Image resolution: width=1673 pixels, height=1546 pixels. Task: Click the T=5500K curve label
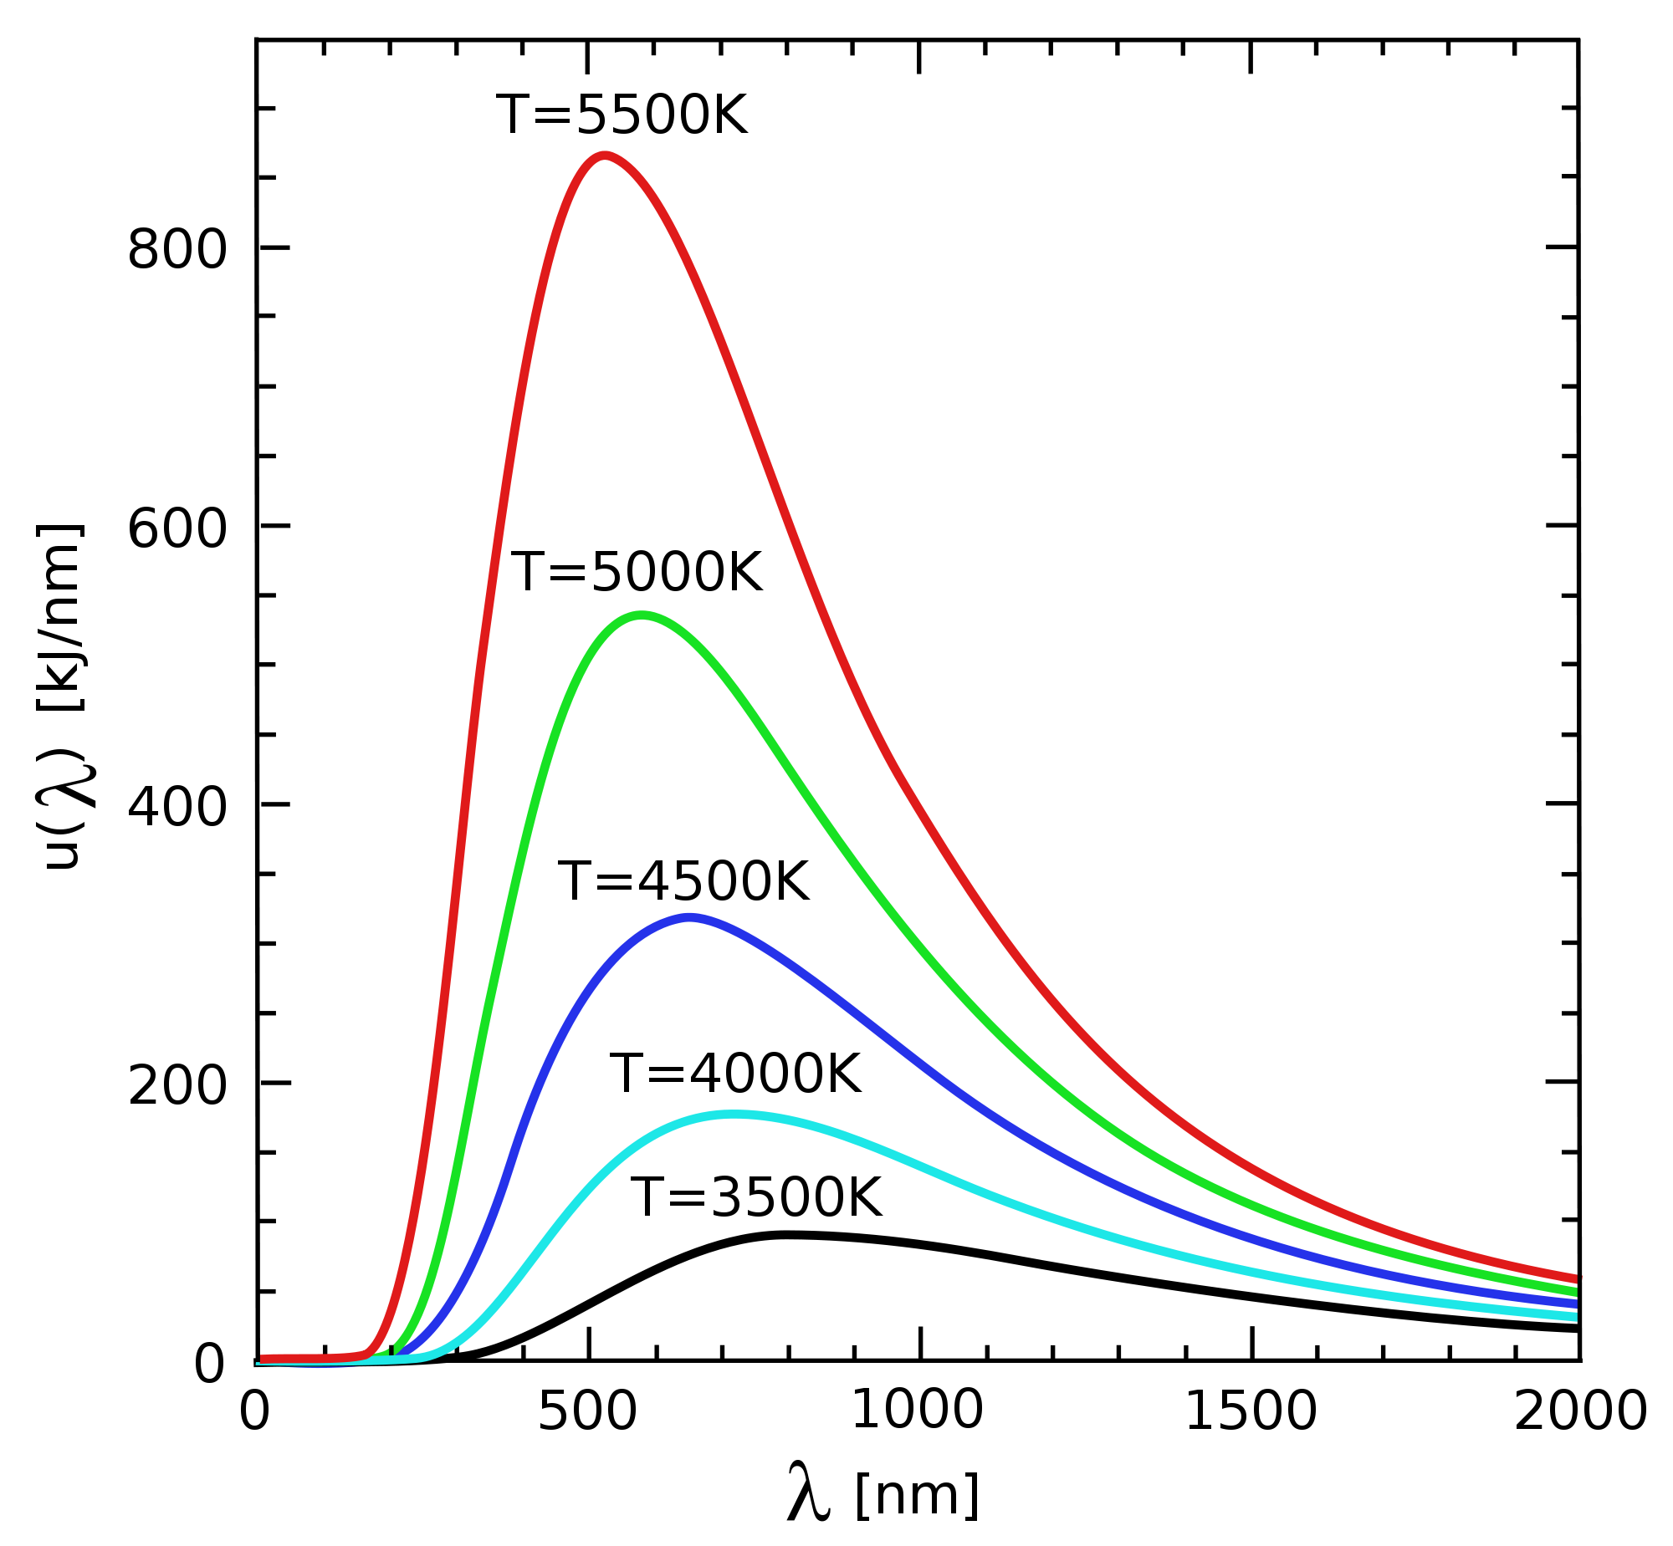point(622,115)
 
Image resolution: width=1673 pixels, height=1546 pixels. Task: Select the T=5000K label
point(637,573)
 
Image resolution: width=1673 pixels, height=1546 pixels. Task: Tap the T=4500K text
point(683,882)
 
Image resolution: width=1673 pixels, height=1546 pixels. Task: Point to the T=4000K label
point(734,1074)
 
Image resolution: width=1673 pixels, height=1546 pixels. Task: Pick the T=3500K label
point(755,1198)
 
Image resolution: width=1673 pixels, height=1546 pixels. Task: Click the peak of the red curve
point(604,155)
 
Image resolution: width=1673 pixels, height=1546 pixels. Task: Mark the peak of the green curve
point(642,615)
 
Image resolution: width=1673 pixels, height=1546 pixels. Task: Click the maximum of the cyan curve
point(733,1115)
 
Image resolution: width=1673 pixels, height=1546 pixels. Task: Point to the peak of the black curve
point(785,1235)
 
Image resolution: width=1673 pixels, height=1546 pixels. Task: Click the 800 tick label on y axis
point(177,249)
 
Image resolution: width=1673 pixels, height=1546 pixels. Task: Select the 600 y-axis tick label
point(177,528)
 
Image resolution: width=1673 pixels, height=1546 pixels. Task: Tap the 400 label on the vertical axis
point(177,809)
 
